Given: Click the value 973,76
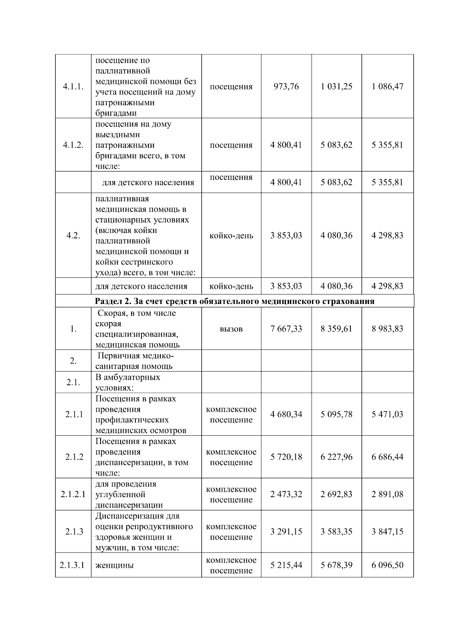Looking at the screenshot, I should (286, 87).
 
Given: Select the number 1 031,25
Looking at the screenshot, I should (336, 87).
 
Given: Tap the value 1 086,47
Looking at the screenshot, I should (388, 87).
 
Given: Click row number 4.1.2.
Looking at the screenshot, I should (73, 145).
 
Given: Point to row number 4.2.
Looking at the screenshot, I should (73, 235).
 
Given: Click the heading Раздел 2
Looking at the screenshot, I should (234, 301).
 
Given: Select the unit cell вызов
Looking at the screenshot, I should (231, 329).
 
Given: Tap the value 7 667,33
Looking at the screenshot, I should (286, 329).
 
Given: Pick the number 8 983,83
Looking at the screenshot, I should (388, 329).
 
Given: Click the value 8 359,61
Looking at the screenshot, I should (336, 329).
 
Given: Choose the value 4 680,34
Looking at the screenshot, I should (286, 414).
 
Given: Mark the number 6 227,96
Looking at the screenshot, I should (336, 457).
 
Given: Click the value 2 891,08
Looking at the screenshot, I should (388, 494).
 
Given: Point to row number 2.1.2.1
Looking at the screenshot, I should (73, 494).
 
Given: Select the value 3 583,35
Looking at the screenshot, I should (336, 531).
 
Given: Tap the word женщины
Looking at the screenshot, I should (114, 565).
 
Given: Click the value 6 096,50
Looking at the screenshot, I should (388, 565).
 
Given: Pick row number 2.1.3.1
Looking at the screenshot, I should (73, 565).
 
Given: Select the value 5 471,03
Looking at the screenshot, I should (388, 414).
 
